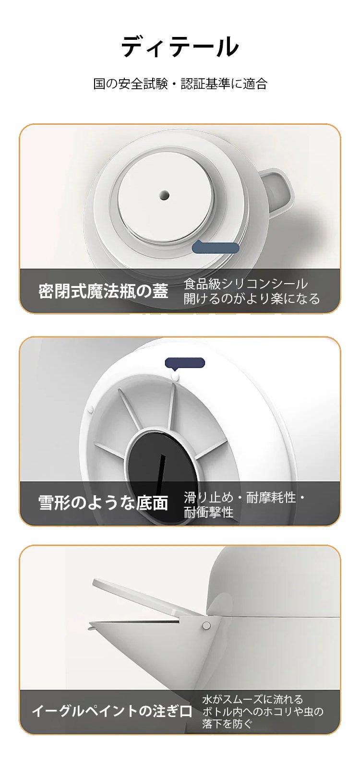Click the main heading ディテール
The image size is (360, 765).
[x=180, y=47]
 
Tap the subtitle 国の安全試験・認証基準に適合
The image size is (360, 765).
[x=180, y=84]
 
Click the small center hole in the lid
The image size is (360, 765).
[x=165, y=195]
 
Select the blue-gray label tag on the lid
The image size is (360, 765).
[x=215, y=247]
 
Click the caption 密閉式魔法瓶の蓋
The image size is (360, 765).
[x=103, y=291]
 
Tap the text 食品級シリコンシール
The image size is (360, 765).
[x=246, y=284]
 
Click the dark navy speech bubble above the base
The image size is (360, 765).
[x=185, y=363]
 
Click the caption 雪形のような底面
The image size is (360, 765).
[x=103, y=503]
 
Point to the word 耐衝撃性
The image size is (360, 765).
[x=209, y=512]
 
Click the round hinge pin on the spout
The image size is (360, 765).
[x=206, y=625]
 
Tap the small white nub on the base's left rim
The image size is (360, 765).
[x=91, y=408]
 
